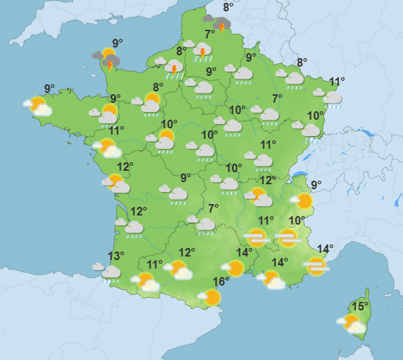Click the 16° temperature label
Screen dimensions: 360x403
point(221,282)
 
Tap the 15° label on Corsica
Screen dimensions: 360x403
point(360,307)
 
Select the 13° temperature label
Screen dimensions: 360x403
point(115,257)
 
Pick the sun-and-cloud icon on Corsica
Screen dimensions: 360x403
point(352,325)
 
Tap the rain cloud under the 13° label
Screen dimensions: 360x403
point(110,273)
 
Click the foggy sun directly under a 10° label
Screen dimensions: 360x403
point(288,237)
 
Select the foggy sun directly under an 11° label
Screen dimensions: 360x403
point(256,237)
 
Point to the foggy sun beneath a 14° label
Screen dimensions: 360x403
point(316,266)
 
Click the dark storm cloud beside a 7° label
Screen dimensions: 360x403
point(221,26)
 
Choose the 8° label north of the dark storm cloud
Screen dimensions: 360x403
point(228,8)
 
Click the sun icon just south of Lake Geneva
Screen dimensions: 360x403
point(304,201)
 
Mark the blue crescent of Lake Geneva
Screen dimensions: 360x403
point(300,176)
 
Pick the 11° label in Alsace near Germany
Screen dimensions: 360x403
point(336,81)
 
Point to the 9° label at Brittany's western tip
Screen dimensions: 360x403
point(49,89)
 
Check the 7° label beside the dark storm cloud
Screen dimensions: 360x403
point(210,34)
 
